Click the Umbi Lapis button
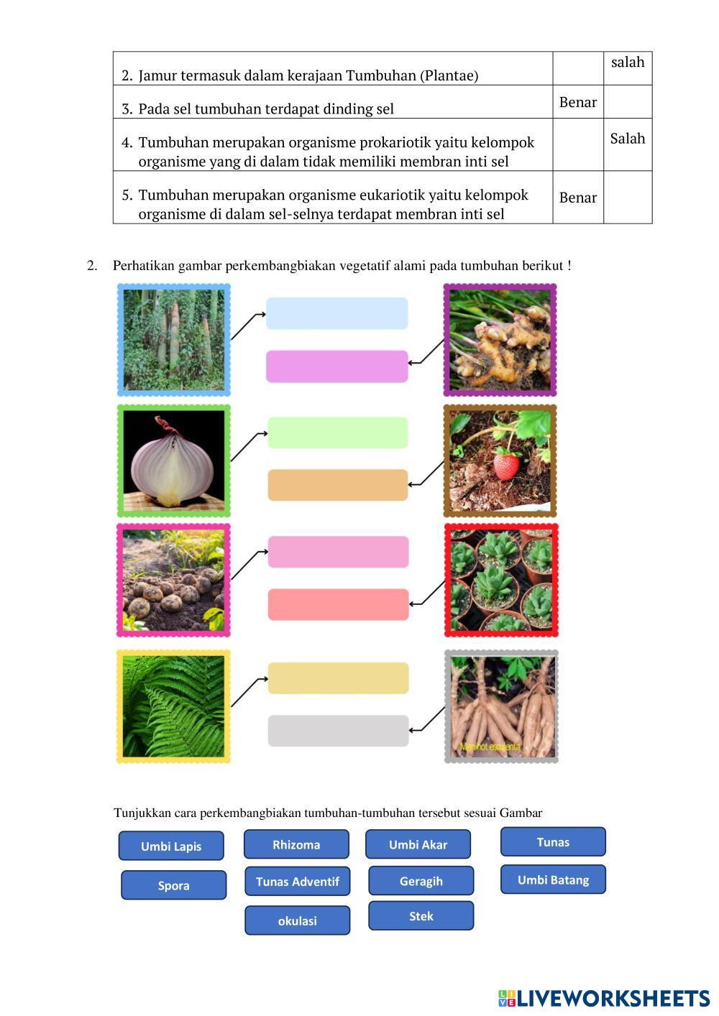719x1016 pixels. (171, 846)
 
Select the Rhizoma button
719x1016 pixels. (296, 844)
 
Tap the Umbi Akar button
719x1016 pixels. (418, 844)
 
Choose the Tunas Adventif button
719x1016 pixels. (297, 881)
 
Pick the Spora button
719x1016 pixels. (173, 885)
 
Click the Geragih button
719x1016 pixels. (421, 881)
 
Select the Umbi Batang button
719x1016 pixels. (553, 879)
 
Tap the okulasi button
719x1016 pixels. (297, 920)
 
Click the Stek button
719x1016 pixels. (421, 916)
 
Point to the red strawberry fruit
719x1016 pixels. (506, 465)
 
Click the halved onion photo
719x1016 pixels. (173, 461)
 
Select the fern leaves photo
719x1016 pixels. (173, 706)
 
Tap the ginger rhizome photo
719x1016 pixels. (500, 340)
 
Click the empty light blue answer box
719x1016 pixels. (336, 313)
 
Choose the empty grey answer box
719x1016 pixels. (338, 731)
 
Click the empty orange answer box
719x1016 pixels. (337, 485)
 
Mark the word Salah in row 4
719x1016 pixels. (627, 139)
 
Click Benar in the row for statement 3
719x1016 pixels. (578, 102)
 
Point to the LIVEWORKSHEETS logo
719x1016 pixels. (604, 998)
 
